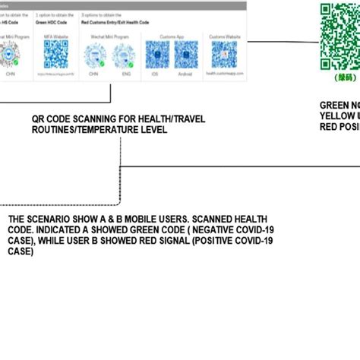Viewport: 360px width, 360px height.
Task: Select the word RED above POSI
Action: [x=330, y=126]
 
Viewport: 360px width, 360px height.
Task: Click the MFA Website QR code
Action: [x=55, y=52]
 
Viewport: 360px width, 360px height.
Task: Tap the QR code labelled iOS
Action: [x=157, y=55]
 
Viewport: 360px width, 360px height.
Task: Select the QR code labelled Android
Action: [x=187, y=55]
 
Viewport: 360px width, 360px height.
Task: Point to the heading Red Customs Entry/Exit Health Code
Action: [x=116, y=23]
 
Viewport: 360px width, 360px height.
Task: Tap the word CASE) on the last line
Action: [x=21, y=251]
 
